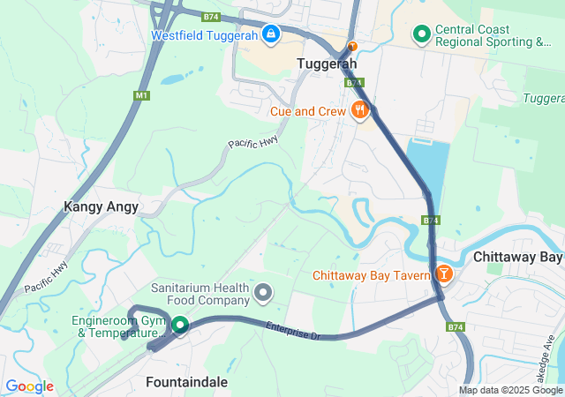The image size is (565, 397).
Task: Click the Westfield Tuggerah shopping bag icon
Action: (x=270, y=35)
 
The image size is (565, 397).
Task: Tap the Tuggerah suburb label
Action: (x=327, y=64)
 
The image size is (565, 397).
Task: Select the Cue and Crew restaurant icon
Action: (x=359, y=111)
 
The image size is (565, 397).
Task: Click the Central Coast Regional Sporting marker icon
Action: (x=422, y=35)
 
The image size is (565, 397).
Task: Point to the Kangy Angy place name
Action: (x=101, y=207)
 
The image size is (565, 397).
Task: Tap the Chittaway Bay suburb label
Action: (x=518, y=257)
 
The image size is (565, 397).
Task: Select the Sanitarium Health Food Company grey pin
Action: (x=263, y=291)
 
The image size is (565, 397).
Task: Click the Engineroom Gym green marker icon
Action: (x=180, y=326)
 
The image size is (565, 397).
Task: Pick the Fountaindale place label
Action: (x=186, y=382)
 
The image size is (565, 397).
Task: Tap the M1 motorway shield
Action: (x=141, y=95)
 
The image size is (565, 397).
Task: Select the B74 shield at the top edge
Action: (x=210, y=16)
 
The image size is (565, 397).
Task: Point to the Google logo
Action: (x=29, y=386)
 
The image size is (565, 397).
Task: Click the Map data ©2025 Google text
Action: (x=510, y=390)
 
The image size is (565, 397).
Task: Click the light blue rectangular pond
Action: (x=426, y=176)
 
